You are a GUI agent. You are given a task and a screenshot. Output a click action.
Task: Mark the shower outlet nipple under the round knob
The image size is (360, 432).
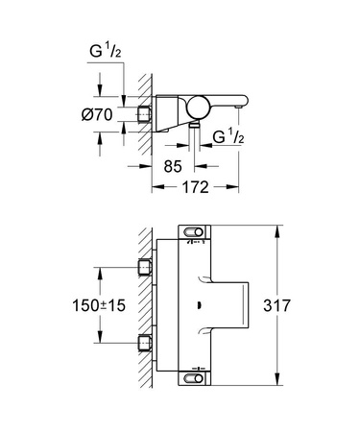(195, 122)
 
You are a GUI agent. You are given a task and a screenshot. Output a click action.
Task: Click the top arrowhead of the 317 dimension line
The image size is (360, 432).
(278, 229)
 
